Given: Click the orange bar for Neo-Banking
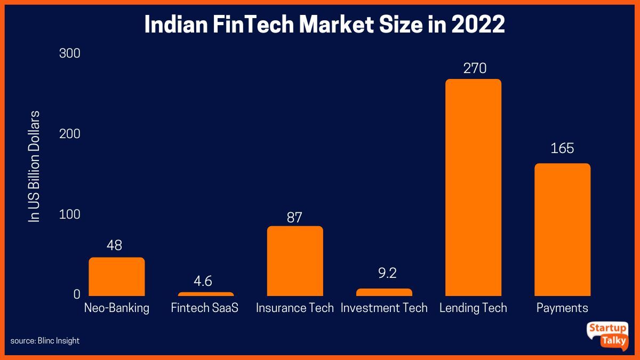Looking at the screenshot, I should tap(116, 276).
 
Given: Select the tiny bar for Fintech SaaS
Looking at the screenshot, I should tap(205, 294).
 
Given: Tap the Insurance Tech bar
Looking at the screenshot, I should tap(295, 261).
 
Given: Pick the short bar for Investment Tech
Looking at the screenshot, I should tap(384, 292).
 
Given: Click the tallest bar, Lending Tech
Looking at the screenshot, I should tap(473, 187).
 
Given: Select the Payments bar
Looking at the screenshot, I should tap(562, 229).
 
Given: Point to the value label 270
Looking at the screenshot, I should tap(473, 68).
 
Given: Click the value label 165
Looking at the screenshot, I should tap(562, 148).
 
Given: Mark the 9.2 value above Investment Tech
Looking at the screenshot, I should tap(384, 274).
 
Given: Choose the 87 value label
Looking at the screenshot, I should tap(294, 217).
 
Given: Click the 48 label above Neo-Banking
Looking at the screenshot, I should tap(114, 245).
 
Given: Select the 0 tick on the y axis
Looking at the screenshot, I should tap(76, 294).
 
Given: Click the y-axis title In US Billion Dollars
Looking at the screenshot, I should tap(35, 166).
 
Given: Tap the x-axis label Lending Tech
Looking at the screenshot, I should tap(473, 308).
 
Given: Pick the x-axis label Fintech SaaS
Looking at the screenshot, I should tap(205, 308).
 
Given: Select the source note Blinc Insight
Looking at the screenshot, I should tap(45, 340).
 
